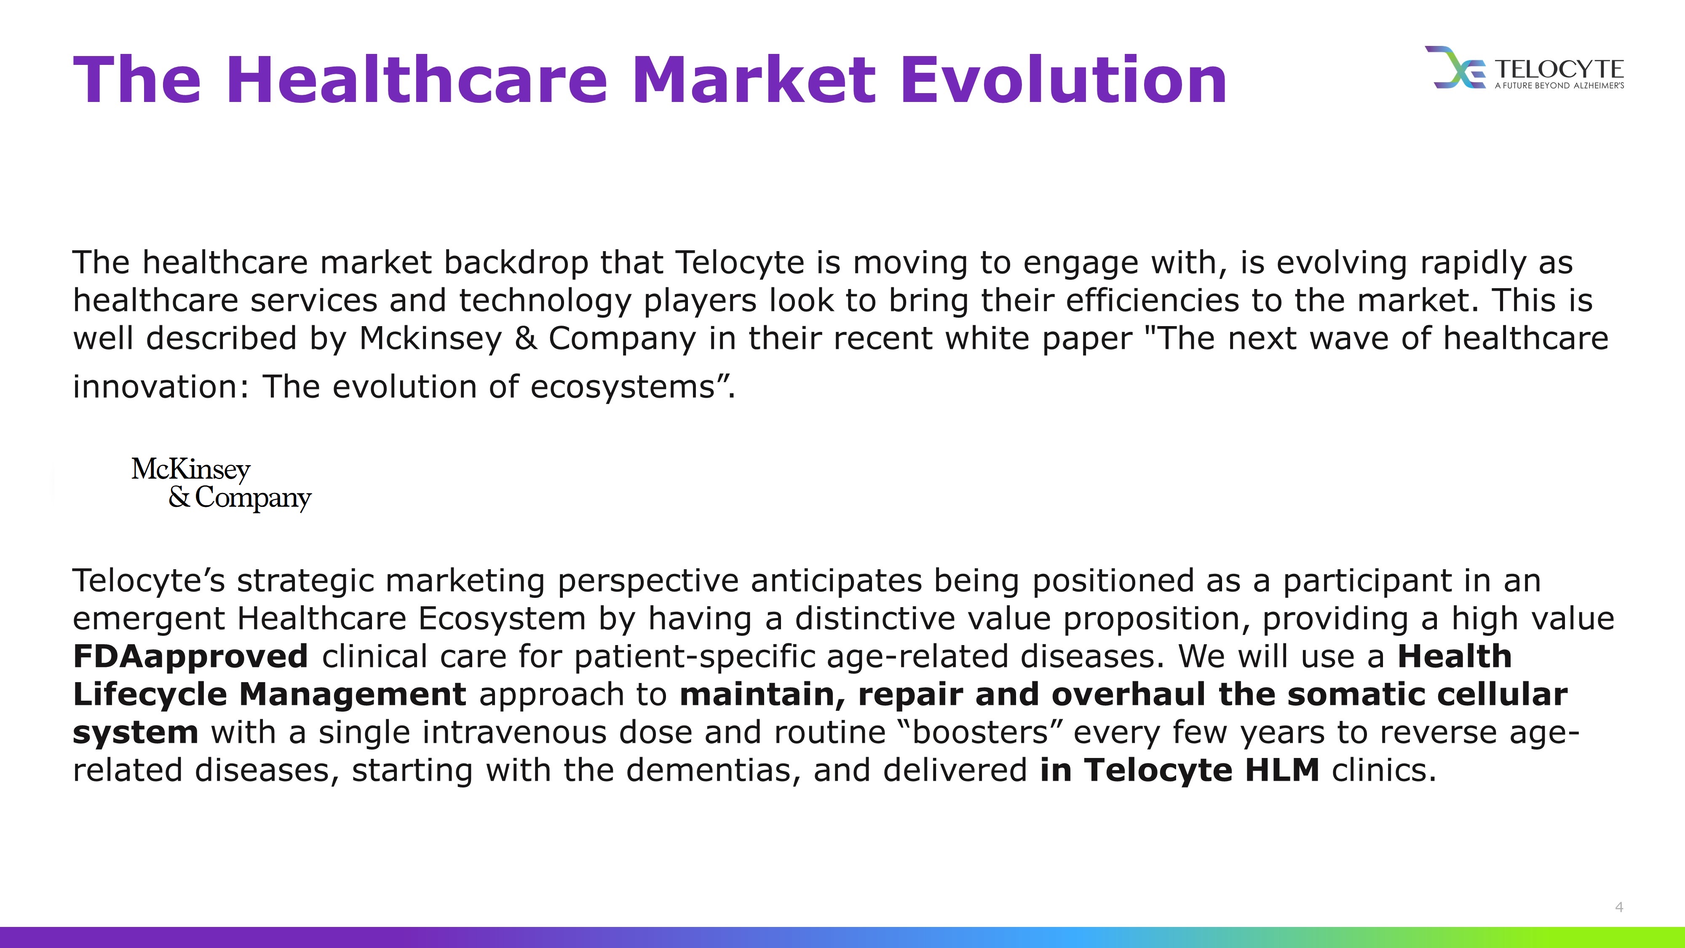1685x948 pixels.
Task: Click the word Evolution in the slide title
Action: click(x=1064, y=80)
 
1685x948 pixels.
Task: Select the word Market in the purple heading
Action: click(x=754, y=80)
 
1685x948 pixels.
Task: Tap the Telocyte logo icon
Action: click(x=1457, y=67)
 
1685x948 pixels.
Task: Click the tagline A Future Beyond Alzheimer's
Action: click(x=1559, y=86)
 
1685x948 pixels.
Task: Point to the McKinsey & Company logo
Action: click(x=221, y=484)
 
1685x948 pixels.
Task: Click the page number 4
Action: click(x=1619, y=907)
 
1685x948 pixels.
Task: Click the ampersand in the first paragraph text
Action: click(x=526, y=338)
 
